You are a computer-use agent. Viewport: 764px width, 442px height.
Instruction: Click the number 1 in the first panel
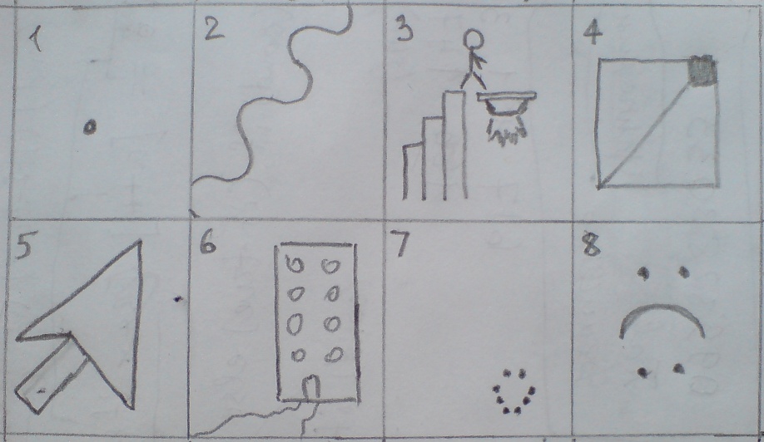tap(35, 38)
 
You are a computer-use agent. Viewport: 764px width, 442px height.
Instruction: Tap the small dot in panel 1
tap(90, 127)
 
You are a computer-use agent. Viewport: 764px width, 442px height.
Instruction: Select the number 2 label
tap(215, 29)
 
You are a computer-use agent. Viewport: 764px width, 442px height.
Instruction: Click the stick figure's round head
tap(473, 40)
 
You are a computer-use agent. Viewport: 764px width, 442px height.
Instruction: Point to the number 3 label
tap(404, 30)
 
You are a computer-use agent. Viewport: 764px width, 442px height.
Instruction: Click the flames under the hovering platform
tap(507, 131)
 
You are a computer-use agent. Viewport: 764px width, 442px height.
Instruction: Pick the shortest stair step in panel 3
tap(412, 171)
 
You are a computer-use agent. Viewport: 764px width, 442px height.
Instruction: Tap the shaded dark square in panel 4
tap(702, 71)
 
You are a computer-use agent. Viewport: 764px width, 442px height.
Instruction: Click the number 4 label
tap(593, 34)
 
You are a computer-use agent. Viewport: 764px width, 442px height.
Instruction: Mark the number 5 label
tap(23, 247)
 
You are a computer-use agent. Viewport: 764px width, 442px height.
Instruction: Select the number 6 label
tap(208, 243)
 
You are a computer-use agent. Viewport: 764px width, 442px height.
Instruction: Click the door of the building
tap(311, 387)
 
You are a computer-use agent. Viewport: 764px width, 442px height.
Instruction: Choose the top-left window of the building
tap(295, 266)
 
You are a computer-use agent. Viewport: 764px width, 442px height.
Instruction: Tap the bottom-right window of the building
tap(334, 356)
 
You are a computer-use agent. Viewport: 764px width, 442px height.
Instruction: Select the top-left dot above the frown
tap(643, 274)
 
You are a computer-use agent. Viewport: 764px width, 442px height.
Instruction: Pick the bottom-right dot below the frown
tap(679, 369)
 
